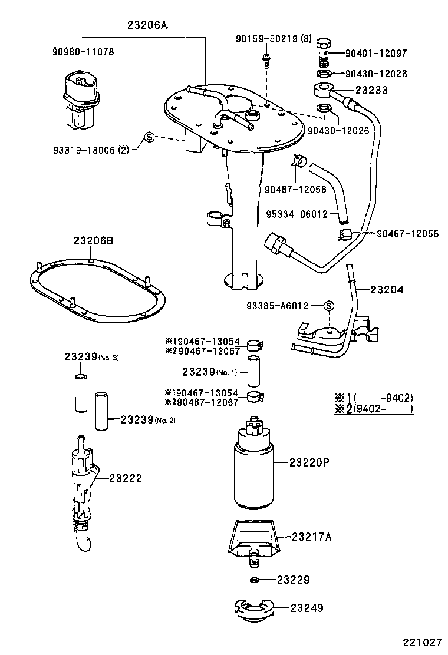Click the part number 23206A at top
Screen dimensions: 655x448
[x=147, y=25]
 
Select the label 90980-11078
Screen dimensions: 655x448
[x=83, y=52]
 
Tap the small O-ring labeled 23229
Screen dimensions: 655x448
[x=255, y=581]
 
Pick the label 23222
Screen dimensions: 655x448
[x=125, y=478]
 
